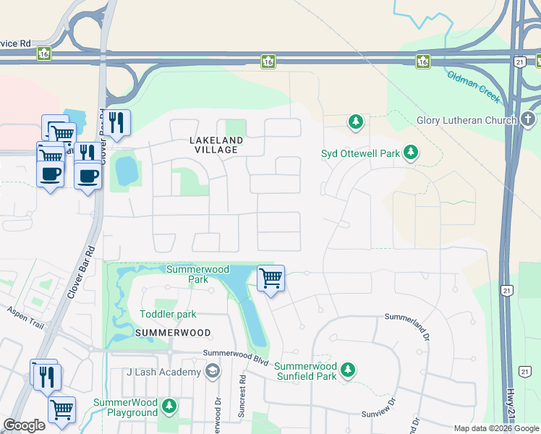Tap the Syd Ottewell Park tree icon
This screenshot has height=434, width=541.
coord(411,152)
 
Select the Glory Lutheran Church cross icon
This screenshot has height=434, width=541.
coord(527,119)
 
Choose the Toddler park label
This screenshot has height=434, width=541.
coord(168,314)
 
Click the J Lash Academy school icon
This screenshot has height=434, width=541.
coord(212,372)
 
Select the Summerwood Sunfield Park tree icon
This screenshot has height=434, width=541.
coord(348,370)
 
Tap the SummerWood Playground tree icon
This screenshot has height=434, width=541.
coord(169,406)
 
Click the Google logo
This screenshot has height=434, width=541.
coord(24,425)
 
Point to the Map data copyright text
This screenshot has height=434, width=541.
coord(496,428)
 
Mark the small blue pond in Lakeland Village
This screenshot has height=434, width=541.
coord(126,171)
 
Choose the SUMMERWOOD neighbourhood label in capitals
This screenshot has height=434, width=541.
coord(172,333)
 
